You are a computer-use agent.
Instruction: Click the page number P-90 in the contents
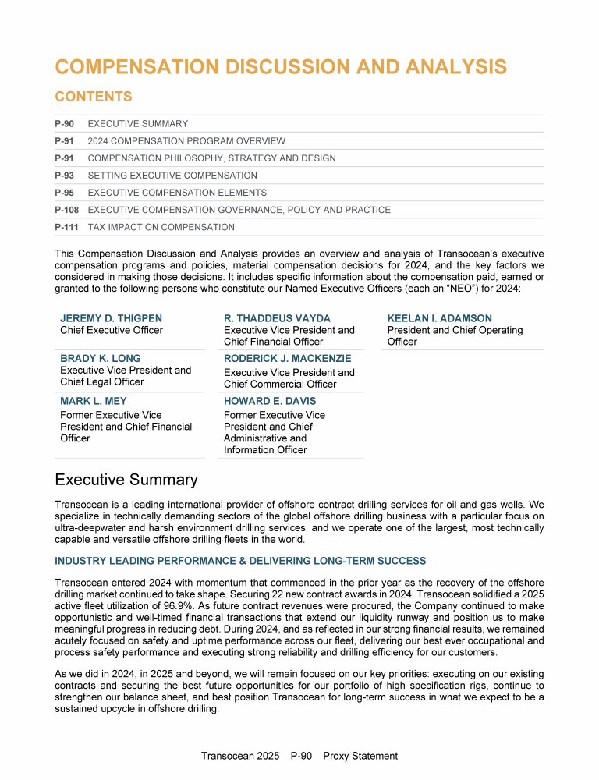click(x=65, y=124)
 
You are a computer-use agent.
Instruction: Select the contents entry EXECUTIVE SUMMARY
click(x=138, y=124)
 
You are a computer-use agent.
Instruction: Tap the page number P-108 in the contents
click(x=67, y=210)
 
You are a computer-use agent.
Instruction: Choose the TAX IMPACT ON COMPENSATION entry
click(x=161, y=227)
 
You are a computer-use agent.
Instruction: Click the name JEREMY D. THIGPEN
click(x=112, y=318)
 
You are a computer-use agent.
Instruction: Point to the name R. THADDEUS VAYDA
click(x=277, y=318)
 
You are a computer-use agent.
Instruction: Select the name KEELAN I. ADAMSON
click(x=440, y=318)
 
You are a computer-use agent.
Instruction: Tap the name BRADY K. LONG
click(x=101, y=359)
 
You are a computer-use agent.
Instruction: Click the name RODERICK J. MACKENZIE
click(x=287, y=359)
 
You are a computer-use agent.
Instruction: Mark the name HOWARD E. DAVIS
click(x=270, y=401)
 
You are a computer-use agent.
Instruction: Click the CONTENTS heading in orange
click(x=94, y=97)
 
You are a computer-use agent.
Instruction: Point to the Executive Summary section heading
click(x=126, y=480)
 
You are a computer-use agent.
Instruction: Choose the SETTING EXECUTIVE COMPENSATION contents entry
click(x=172, y=175)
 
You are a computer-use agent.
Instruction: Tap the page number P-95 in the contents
click(x=65, y=193)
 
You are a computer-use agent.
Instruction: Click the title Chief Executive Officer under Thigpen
click(x=112, y=330)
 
